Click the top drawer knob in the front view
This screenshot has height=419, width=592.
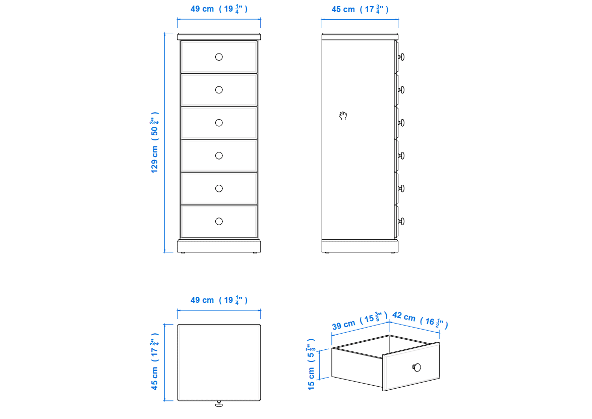point(219,57)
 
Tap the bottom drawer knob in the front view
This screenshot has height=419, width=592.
point(219,222)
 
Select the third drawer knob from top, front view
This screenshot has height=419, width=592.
point(219,123)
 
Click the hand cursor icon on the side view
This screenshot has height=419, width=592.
point(343,116)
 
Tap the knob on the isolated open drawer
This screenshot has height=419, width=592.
point(417,367)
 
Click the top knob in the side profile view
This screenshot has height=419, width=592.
point(401,57)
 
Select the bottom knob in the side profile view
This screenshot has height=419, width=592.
point(401,222)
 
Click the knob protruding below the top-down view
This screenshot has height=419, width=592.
point(219,404)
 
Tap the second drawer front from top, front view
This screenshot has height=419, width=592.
point(219,90)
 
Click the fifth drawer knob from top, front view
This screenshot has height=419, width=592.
point(219,188)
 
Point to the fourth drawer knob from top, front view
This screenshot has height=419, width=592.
point(219,155)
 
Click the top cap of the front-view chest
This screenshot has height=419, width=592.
point(219,37)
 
